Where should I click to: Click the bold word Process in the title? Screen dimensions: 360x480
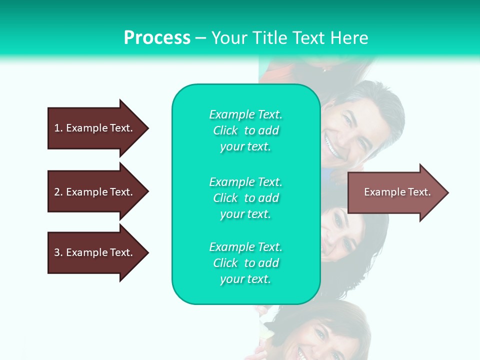[x=157, y=38]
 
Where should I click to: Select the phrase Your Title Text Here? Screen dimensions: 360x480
[x=289, y=38]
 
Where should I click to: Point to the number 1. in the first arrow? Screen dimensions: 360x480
[x=58, y=128]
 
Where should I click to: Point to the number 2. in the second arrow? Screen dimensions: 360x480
[x=58, y=192]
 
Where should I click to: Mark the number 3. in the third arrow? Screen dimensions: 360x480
[x=58, y=252]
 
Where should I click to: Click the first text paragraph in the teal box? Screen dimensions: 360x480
[x=245, y=130]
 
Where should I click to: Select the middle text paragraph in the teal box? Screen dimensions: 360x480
[x=245, y=198]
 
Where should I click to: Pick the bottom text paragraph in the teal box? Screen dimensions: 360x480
[x=245, y=263]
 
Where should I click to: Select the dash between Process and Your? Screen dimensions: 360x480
[x=200, y=38]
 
